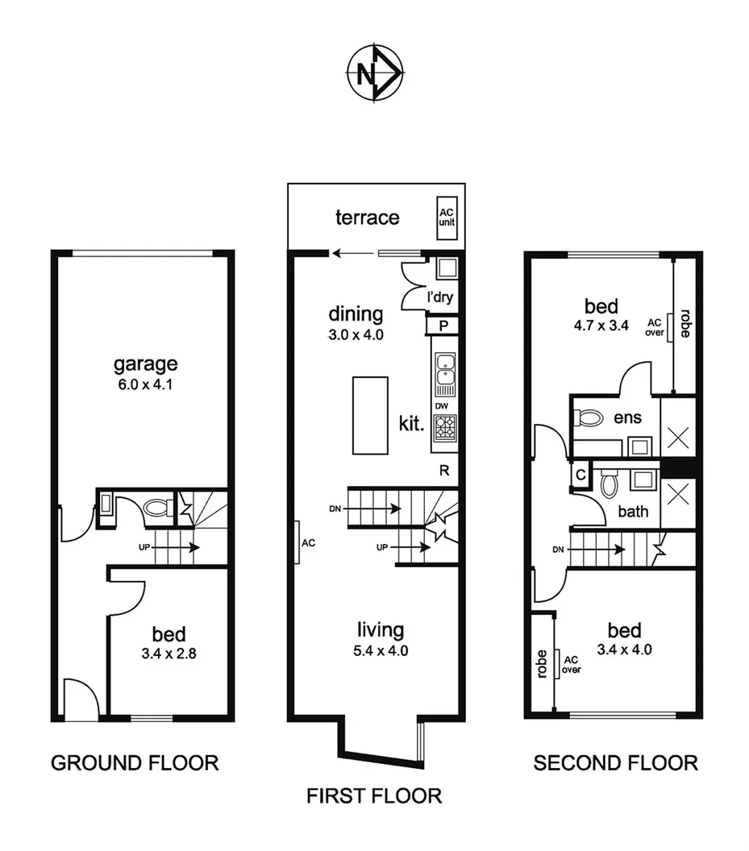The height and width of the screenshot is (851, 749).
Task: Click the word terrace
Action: (x=368, y=218)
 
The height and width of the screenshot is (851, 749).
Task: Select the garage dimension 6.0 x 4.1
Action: (x=145, y=384)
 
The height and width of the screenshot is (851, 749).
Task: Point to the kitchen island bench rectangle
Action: (x=370, y=415)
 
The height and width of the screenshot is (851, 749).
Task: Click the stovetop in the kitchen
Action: (x=444, y=427)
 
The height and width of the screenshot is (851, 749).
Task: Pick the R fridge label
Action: (x=443, y=469)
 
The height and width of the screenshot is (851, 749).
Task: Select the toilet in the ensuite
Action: (x=589, y=418)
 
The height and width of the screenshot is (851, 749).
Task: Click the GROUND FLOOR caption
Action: (x=135, y=762)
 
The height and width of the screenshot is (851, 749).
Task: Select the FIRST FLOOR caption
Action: (x=374, y=796)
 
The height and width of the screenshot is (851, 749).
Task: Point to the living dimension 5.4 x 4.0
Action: (x=381, y=650)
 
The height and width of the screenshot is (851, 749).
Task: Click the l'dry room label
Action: (x=440, y=297)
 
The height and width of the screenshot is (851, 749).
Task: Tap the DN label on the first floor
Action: (x=335, y=509)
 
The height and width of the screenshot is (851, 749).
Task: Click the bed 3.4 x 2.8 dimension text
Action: (x=170, y=653)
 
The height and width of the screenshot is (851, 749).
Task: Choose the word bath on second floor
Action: (x=633, y=511)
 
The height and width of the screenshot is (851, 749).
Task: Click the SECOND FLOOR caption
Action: (x=615, y=762)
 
